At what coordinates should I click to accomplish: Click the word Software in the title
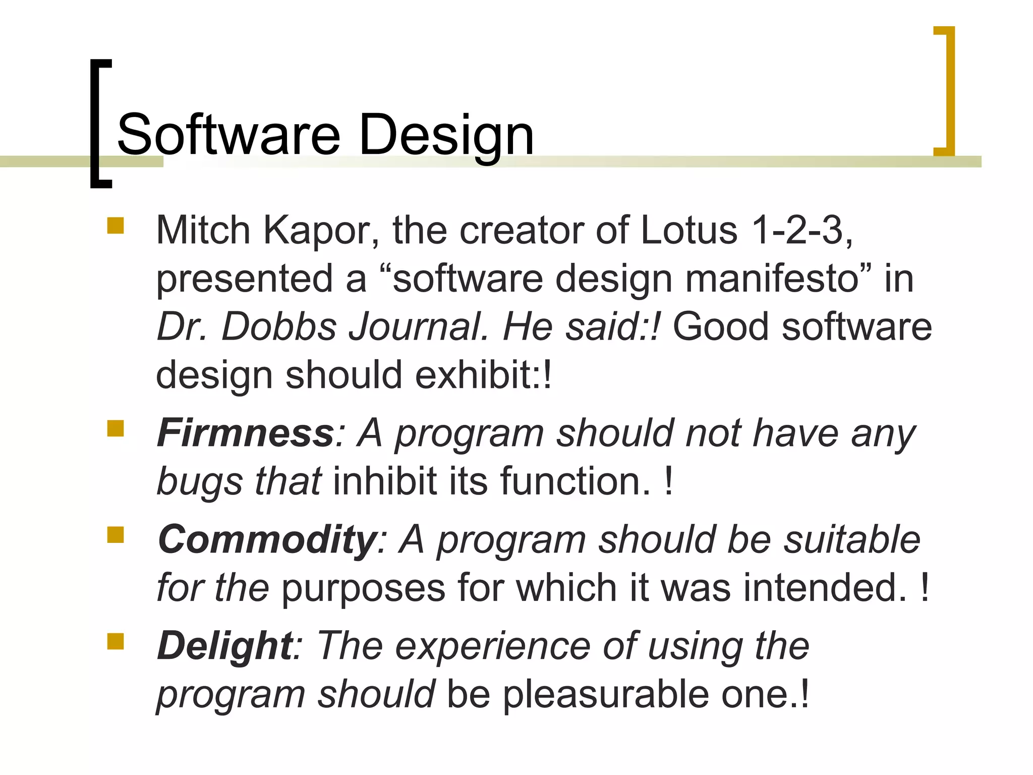tap(228, 135)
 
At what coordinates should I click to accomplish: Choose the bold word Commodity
tap(266, 539)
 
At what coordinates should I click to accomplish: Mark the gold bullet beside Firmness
tap(116, 428)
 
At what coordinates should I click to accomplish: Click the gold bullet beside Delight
tap(116, 642)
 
